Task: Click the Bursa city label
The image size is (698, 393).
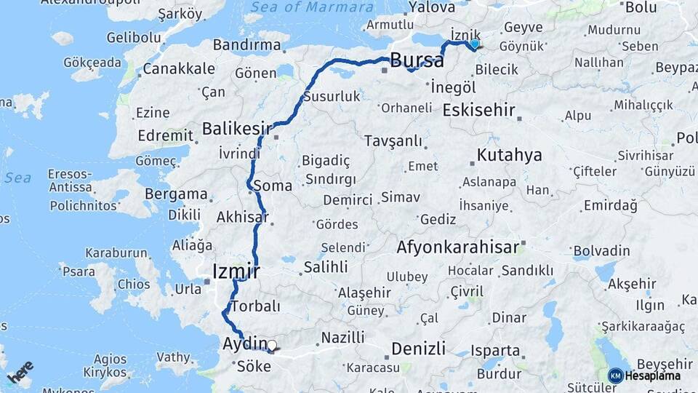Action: (x=417, y=60)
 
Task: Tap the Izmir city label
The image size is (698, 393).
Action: (x=236, y=271)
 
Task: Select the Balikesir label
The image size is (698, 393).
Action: (x=236, y=128)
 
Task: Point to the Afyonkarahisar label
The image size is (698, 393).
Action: (x=457, y=247)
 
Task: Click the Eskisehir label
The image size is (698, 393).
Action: (x=478, y=111)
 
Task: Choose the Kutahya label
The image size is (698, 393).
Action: (x=510, y=155)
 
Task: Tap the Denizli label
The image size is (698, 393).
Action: (x=418, y=349)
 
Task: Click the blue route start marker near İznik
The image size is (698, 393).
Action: (x=475, y=44)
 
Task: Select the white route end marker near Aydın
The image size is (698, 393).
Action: (x=272, y=346)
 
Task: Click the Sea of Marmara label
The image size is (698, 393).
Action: (x=321, y=7)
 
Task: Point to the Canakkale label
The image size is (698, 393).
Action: (x=179, y=69)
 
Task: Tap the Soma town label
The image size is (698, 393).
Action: (x=273, y=186)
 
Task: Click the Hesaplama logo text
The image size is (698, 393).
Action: (x=654, y=376)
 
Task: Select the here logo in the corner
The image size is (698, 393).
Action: (x=20, y=372)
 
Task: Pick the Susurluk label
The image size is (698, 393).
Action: (x=332, y=96)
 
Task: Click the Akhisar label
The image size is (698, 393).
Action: (x=242, y=217)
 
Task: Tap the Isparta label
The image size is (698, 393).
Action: (x=496, y=350)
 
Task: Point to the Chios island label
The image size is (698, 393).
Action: (x=133, y=283)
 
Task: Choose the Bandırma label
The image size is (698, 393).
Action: (x=247, y=45)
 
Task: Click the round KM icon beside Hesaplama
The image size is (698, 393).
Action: (x=615, y=376)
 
